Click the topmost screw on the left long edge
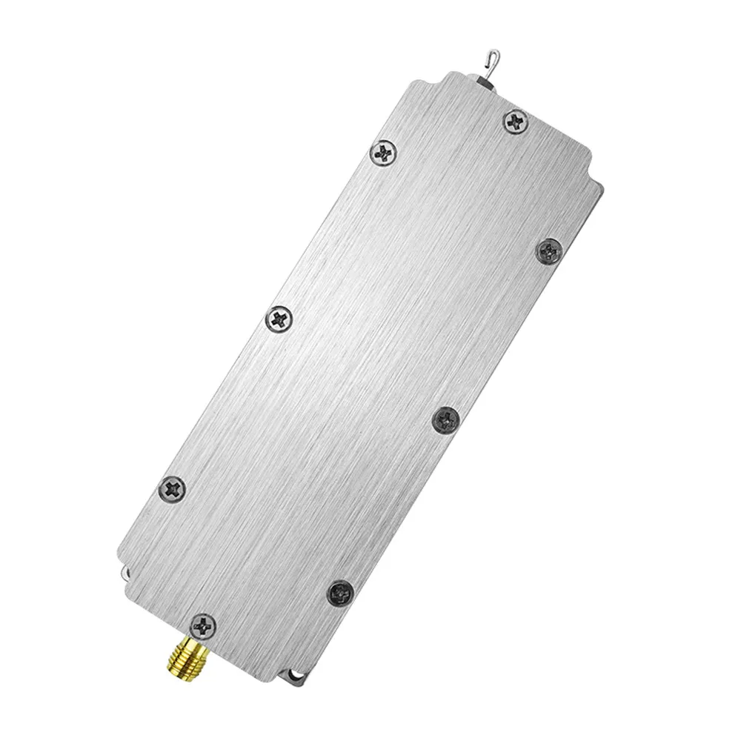click(382, 153)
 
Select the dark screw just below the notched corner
click(550, 250)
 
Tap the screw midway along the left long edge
click(279, 319)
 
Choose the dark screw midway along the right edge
click(445, 420)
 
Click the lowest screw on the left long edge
click(173, 487)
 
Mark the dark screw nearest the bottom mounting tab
click(341, 591)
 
